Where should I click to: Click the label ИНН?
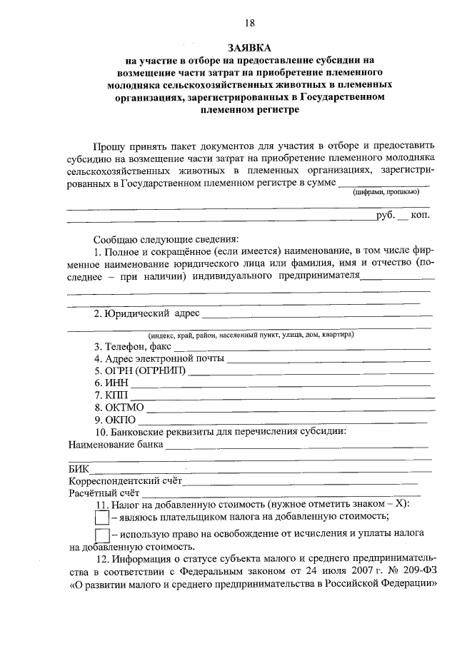[109, 383]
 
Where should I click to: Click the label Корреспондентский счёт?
[126, 480]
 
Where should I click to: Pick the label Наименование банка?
[115, 444]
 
